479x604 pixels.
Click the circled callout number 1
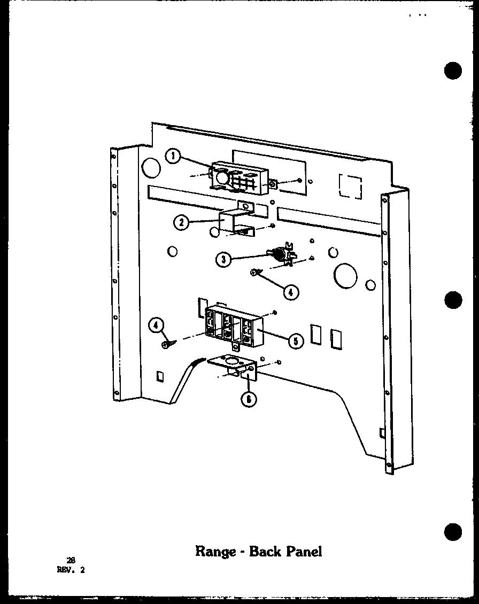173,157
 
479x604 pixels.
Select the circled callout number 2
182,223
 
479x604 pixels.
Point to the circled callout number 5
295,340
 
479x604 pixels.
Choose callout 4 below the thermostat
290,292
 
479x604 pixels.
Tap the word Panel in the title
305,551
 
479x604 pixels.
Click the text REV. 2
71,570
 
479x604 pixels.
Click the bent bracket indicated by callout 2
236,221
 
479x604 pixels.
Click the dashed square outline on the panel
350,185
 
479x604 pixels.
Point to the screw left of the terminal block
166,344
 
